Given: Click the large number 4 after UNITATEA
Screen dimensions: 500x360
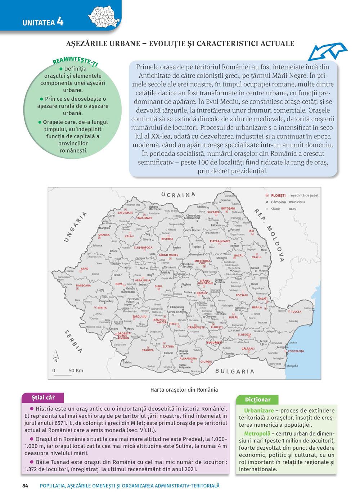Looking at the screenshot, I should click(x=60, y=22).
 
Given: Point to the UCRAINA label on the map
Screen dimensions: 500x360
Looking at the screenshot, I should click(x=178, y=195).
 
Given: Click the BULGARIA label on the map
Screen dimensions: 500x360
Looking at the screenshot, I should click(x=234, y=371).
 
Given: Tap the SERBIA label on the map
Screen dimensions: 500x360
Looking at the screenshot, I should click(x=73, y=340).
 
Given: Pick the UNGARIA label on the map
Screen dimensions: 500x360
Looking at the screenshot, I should click(x=75, y=227).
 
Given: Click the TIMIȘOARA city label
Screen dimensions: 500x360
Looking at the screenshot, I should click(x=83, y=286).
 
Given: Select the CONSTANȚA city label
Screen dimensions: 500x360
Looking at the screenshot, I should click(x=296, y=351).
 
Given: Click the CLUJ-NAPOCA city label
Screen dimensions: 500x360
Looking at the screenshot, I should click(x=143, y=248).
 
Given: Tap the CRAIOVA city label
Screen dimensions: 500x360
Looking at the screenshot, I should click(x=148, y=350).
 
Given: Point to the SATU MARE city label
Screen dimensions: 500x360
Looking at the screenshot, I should click(x=125, y=213).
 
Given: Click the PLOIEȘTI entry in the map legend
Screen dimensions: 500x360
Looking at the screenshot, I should click(x=278, y=195).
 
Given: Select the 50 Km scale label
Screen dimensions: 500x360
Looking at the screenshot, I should click(x=76, y=370).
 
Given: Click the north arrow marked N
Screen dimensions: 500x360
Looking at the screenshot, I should click(x=55, y=356).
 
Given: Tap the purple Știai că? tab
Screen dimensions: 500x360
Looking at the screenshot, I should click(x=43, y=397).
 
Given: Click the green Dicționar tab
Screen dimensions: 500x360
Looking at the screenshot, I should click(x=257, y=400).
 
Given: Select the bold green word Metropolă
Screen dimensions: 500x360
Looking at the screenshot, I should click(x=257, y=433).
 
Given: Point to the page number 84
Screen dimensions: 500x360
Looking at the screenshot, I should click(x=25, y=486).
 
